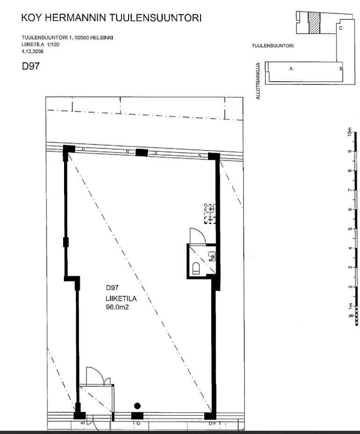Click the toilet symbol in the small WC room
[x=196, y=268]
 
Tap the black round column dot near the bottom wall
[x=137, y=406]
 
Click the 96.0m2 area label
[x=117, y=307]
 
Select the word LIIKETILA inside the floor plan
[x=121, y=299]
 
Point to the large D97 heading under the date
[x=30, y=66]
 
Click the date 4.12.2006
[x=32, y=51]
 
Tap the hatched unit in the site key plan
[x=314, y=23]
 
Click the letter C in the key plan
[x=341, y=28]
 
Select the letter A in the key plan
[x=291, y=69]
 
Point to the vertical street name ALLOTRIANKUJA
[x=258, y=81]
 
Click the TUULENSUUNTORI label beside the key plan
[x=273, y=46]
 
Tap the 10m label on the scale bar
[x=349, y=131]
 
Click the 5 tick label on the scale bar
[x=350, y=228]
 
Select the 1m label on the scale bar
[x=351, y=306]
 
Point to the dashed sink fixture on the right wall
[x=210, y=213]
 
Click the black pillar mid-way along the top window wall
[x=142, y=152]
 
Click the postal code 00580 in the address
[x=82, y=38]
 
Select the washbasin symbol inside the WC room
[x=212, y=256]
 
